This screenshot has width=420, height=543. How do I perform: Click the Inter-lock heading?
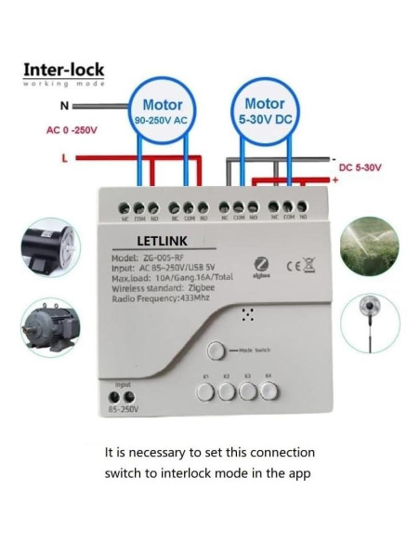point(64,70)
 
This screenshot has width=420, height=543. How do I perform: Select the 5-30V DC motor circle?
point(264,113)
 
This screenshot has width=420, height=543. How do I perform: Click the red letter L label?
point(64,158)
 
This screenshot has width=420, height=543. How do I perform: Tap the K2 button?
point(228,391)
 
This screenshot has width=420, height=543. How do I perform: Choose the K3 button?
point(249,391)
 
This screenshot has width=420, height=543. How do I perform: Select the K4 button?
point(270,391)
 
